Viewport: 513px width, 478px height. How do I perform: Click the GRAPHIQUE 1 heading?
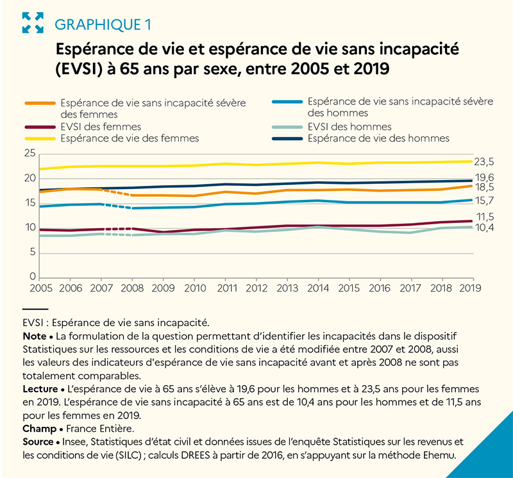click(104, 25)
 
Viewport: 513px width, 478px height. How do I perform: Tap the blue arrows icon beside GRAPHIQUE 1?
click(33, 24)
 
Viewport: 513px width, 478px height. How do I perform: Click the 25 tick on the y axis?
click(29, 154)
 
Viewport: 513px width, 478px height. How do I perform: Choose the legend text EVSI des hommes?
click(349, 127)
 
